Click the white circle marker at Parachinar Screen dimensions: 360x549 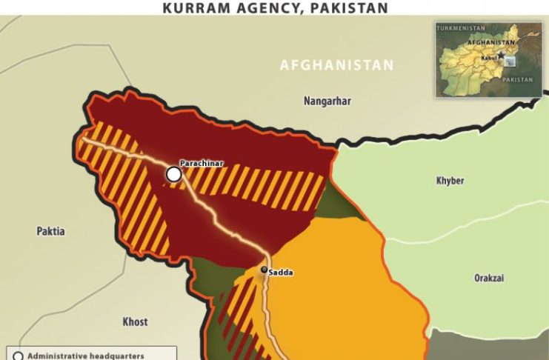coord(173,174)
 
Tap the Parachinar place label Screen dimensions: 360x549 coord(202,163)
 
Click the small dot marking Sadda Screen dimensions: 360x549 coord(263,270)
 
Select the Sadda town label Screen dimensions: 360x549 coord(281,273)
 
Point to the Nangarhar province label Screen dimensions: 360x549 coord(327,101)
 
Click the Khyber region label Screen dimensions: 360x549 coord(450,180)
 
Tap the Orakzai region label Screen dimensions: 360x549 coord(490,278)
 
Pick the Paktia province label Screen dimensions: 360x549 coord(50,231)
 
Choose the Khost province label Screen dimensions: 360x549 coord(135,321)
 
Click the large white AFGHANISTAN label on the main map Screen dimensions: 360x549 coord(336,66)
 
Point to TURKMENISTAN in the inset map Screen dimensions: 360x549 coord(460,27)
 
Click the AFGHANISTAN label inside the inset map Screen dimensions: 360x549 coord(490,43)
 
